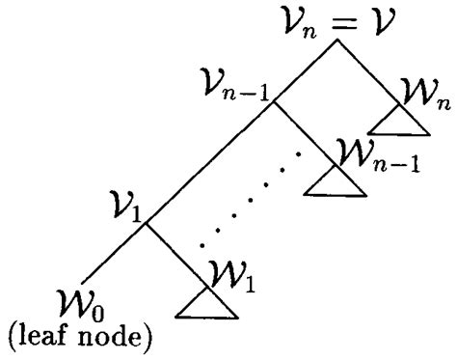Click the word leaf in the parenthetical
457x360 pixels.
tap(49, 340)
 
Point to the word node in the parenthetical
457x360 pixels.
tap(115, 340)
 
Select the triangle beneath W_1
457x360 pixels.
tap(206, 306)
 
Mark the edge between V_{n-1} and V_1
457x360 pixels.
tap(212, 159)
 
